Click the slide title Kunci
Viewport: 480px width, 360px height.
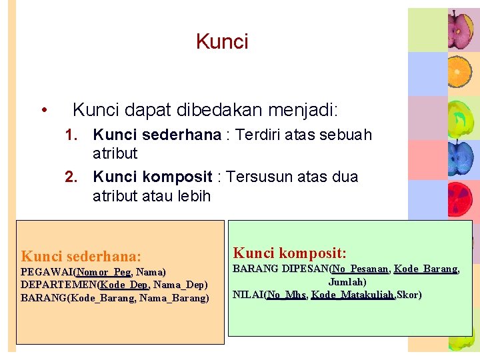coord(222,42)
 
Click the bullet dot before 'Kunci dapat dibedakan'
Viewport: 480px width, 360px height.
coord(43,109)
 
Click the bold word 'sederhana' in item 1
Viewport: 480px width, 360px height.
coord(190,135)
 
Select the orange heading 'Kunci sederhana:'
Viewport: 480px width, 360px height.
coord(81,256)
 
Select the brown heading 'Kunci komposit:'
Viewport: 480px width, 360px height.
coord(289,253)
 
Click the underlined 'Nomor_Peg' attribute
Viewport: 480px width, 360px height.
coord(104,272)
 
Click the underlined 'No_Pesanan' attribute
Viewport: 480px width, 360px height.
coord(361,269)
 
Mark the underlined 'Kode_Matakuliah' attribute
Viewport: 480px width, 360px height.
coord(353,295)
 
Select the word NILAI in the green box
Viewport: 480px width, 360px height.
coord(247,295)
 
